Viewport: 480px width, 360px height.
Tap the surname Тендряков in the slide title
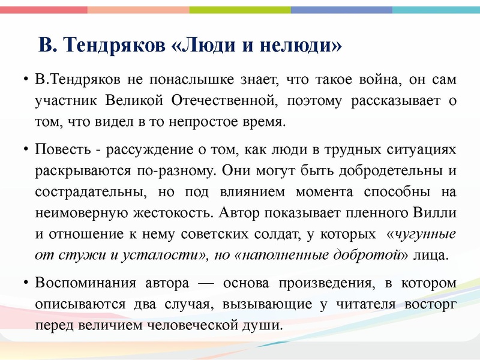pos(114,45)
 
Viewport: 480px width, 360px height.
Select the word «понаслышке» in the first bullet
pos(175,80)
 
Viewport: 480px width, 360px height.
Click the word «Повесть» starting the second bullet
pos(61,149)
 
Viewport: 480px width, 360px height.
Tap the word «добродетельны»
pos(379,170)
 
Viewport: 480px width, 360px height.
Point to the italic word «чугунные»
pos(427,234)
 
